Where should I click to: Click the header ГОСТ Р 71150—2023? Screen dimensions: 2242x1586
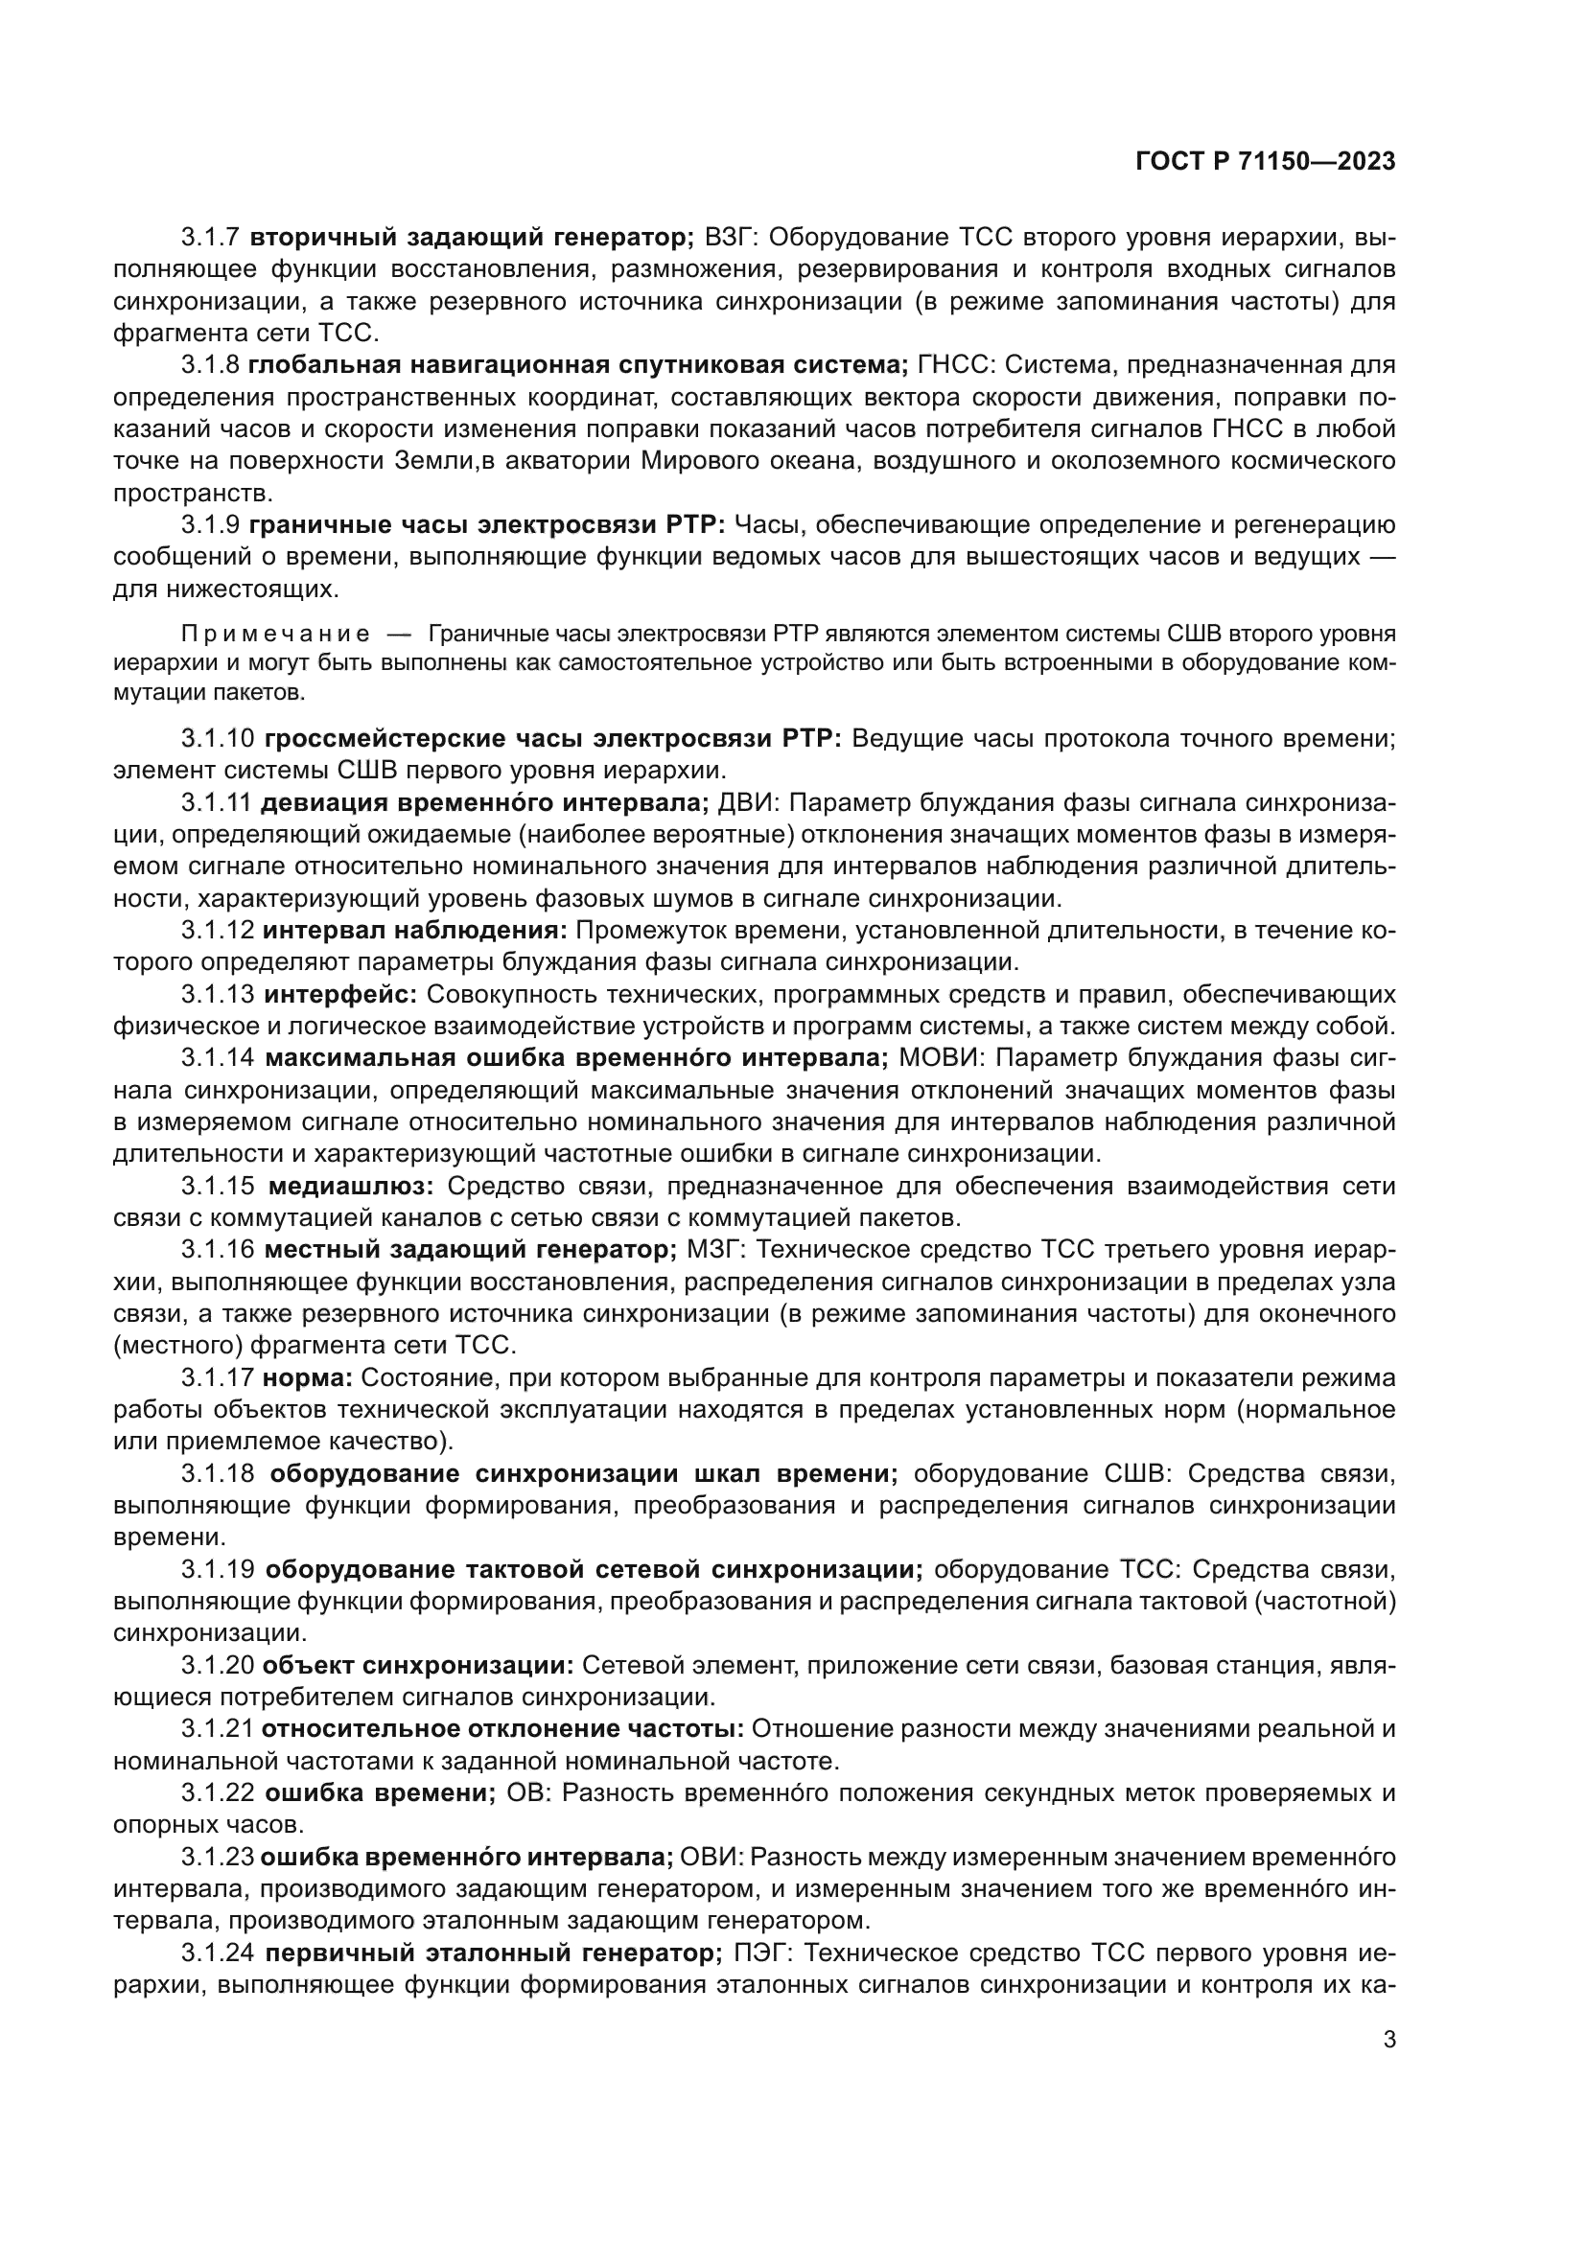click(1265, 162)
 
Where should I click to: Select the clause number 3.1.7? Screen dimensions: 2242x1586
click(210, 238)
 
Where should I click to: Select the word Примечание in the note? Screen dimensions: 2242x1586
click(276, 634)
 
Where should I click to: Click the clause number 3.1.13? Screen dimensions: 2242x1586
click(218, 994)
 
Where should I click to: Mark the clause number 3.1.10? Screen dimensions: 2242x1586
click(218, 738)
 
